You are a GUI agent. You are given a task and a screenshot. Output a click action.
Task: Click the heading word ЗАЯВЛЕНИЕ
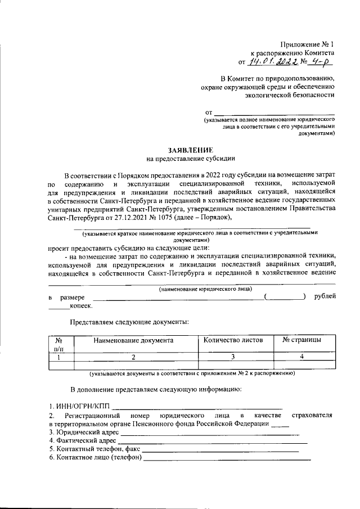(191, 151)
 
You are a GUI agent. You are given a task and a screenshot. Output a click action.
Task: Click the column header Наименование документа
(133, 340)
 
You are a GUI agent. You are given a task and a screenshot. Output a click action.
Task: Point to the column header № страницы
(301, 340)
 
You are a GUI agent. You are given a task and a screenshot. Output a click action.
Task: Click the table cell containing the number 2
(133, 357)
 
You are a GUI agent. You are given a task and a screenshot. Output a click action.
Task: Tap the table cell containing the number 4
(301, 357)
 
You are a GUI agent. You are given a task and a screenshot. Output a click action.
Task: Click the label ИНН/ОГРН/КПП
(79, 406)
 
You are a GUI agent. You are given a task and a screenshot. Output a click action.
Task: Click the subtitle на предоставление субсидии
(191, 159)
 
